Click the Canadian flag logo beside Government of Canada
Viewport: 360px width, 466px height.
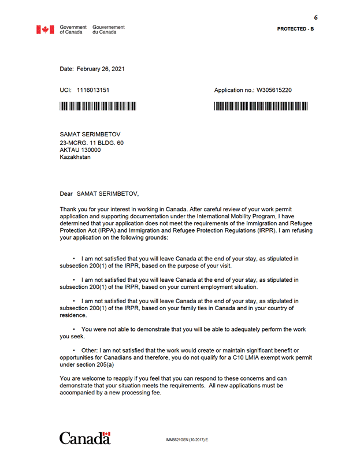pyautogui.click(x=46, y=29)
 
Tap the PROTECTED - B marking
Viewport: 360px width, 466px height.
pyautogui.click(x=295, y=29)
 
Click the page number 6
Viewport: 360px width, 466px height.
pyautogui.click(x=316, y=17)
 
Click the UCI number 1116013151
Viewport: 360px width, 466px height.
pyautogui.click(x=93, y=91)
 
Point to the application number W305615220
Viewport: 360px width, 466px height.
pyautogui.click(x=274, y=91)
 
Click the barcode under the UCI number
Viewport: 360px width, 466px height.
pyautogui.click(x=98, y=106)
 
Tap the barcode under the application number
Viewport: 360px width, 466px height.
pyautogui.click(x=261, y=106)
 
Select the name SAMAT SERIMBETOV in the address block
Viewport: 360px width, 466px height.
pyautogui.click(x=90, y=135)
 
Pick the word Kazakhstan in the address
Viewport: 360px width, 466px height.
pyautogui.click(x=75, y=157)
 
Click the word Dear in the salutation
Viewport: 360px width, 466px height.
pyautogui.click(x=66, y=194)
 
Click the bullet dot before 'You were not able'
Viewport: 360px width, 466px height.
pyautogui.click(x=74, y=329)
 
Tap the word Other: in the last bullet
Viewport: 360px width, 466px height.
pyautogui.click(x=90, y=351)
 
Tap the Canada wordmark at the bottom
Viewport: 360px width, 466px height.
pyautogui.click(x=84, y=438)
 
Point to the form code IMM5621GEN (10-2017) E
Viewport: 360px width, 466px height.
pyautogui.click(x=186, y=441)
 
